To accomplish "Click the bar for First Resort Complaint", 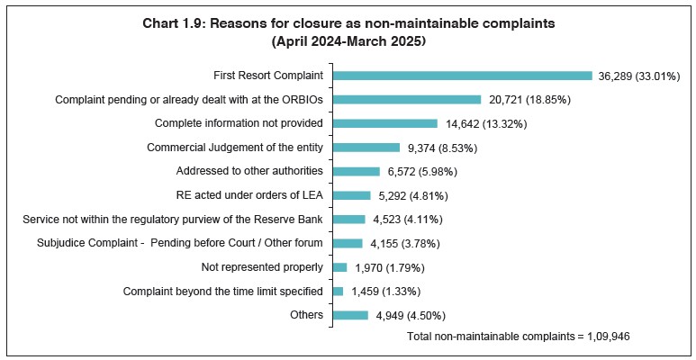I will click(x=463, y=76).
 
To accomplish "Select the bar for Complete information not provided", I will click(x=385, y=123).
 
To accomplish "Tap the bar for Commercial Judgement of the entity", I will click(x=366, y=148).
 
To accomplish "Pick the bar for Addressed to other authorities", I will click(x=357, y=171).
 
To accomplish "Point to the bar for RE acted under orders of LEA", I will click(x=352, y=195).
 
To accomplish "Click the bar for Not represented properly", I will click(x=340, y=267).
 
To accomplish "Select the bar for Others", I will click(x=351, y=315).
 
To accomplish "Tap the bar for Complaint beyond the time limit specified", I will click(x=339, y=292).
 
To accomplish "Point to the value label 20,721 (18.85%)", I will click(x=529, y=100).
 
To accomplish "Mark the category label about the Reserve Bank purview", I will click(x=173, y=220).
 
